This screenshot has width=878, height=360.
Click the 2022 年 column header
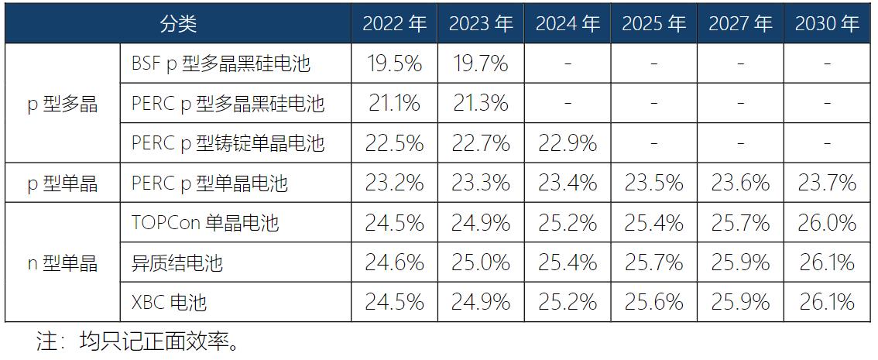pyautogui.click(x=394, y=24)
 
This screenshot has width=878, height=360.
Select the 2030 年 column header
pyautogui.click(x=827, y=24)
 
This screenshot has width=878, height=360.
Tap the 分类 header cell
pyautogui.click(x=178, y=24)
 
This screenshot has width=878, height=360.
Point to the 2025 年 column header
pyautogui.click(x=653, y=24)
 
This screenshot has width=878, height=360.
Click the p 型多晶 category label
pyautogui.click(x=63, y=104)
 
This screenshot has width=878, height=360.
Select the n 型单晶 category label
pyautogui.click(x=63, y=262)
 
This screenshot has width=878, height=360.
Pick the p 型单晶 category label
pyautogui.click(x=63, y=183)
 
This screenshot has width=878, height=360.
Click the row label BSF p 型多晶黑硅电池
pyautogui.click(x=221, y=64)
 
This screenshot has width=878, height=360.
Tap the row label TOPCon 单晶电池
pyautogui.click(x=205, y=223)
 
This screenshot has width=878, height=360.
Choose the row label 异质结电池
pyautogui.click(x=177, y=263)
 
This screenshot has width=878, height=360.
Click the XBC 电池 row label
pyautogui.click(x=170, y=302)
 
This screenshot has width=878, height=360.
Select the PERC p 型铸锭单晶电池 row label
pyautogui.click(x=228, y=143)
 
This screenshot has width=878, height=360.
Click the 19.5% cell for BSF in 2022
pyautogui.click(x=394, y=63)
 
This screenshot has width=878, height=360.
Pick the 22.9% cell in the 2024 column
pyautogui.click(x=568, y=143)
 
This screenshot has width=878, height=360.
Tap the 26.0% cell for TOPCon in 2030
pyautogui.click(x=827, y=223)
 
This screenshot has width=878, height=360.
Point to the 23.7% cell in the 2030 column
pyautogui.click(x=827, y=183)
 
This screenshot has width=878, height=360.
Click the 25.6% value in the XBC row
pyautogui.click(x=653, y=302)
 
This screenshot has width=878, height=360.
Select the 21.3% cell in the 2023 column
pyautogui.click(x=481, y=103)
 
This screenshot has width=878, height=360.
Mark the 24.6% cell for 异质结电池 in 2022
pyautogui.click(x=394, y=262)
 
